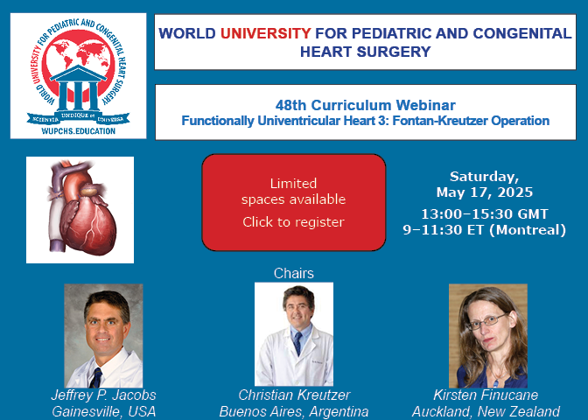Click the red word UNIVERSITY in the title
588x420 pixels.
[265, 33]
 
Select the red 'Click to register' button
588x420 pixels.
[294, 202]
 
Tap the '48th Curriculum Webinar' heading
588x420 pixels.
[366, 105]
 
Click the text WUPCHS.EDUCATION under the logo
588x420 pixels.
[79, 131]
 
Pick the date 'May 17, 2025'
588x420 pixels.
[485, 192]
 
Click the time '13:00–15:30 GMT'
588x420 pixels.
[485, 214]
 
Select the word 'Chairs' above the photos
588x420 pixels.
[294, 273]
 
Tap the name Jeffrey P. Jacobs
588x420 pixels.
[103, 395]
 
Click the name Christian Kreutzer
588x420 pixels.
[294, 395]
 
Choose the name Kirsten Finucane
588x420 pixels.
[486, 395]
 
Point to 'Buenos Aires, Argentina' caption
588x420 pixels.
[294, 412]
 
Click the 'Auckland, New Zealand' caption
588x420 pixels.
[486, 412]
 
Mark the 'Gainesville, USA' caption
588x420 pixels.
[103, 412]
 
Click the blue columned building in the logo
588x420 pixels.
[78, 87]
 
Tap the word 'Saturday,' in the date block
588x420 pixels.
[485, 177]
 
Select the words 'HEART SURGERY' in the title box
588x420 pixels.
[366, 52]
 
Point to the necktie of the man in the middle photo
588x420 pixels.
[297, 343]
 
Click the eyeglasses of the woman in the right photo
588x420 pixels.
[486, 322]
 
